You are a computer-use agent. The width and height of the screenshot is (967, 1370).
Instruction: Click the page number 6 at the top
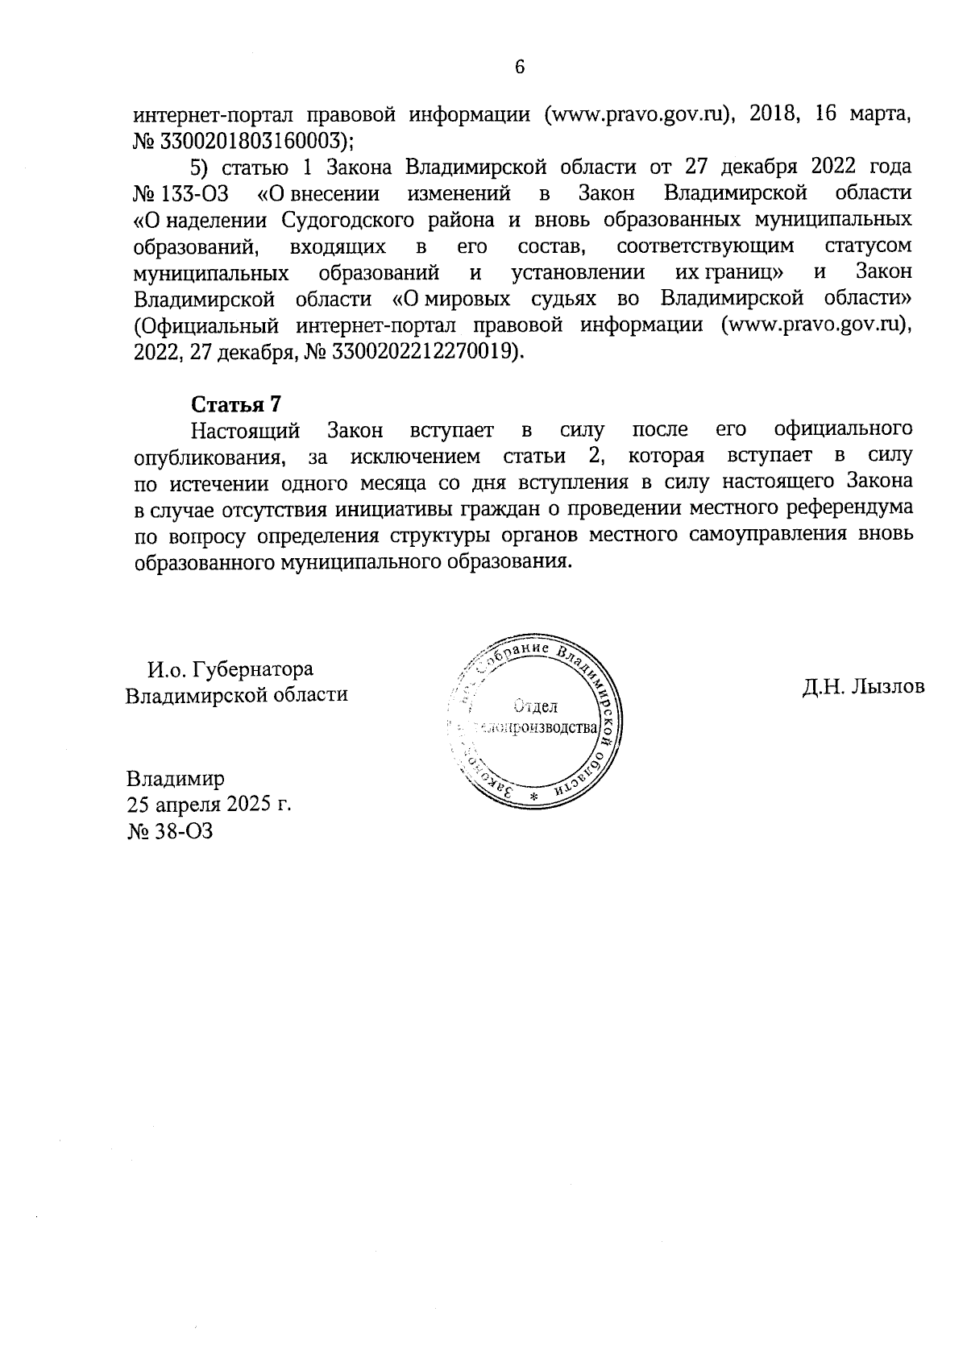(519, 67)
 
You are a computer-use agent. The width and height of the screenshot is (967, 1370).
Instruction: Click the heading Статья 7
(234, 404)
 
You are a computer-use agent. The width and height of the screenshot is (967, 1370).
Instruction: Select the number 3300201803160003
(255, 141)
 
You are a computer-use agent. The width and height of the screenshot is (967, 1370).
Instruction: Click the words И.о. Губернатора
(230, 669)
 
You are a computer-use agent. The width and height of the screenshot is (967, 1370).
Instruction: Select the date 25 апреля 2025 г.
(208, 805)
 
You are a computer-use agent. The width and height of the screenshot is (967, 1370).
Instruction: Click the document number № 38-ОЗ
(169, 831)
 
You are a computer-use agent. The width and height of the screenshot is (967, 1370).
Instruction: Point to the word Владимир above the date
(175, 779)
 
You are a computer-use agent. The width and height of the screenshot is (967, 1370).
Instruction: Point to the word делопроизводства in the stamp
(537, 728)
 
